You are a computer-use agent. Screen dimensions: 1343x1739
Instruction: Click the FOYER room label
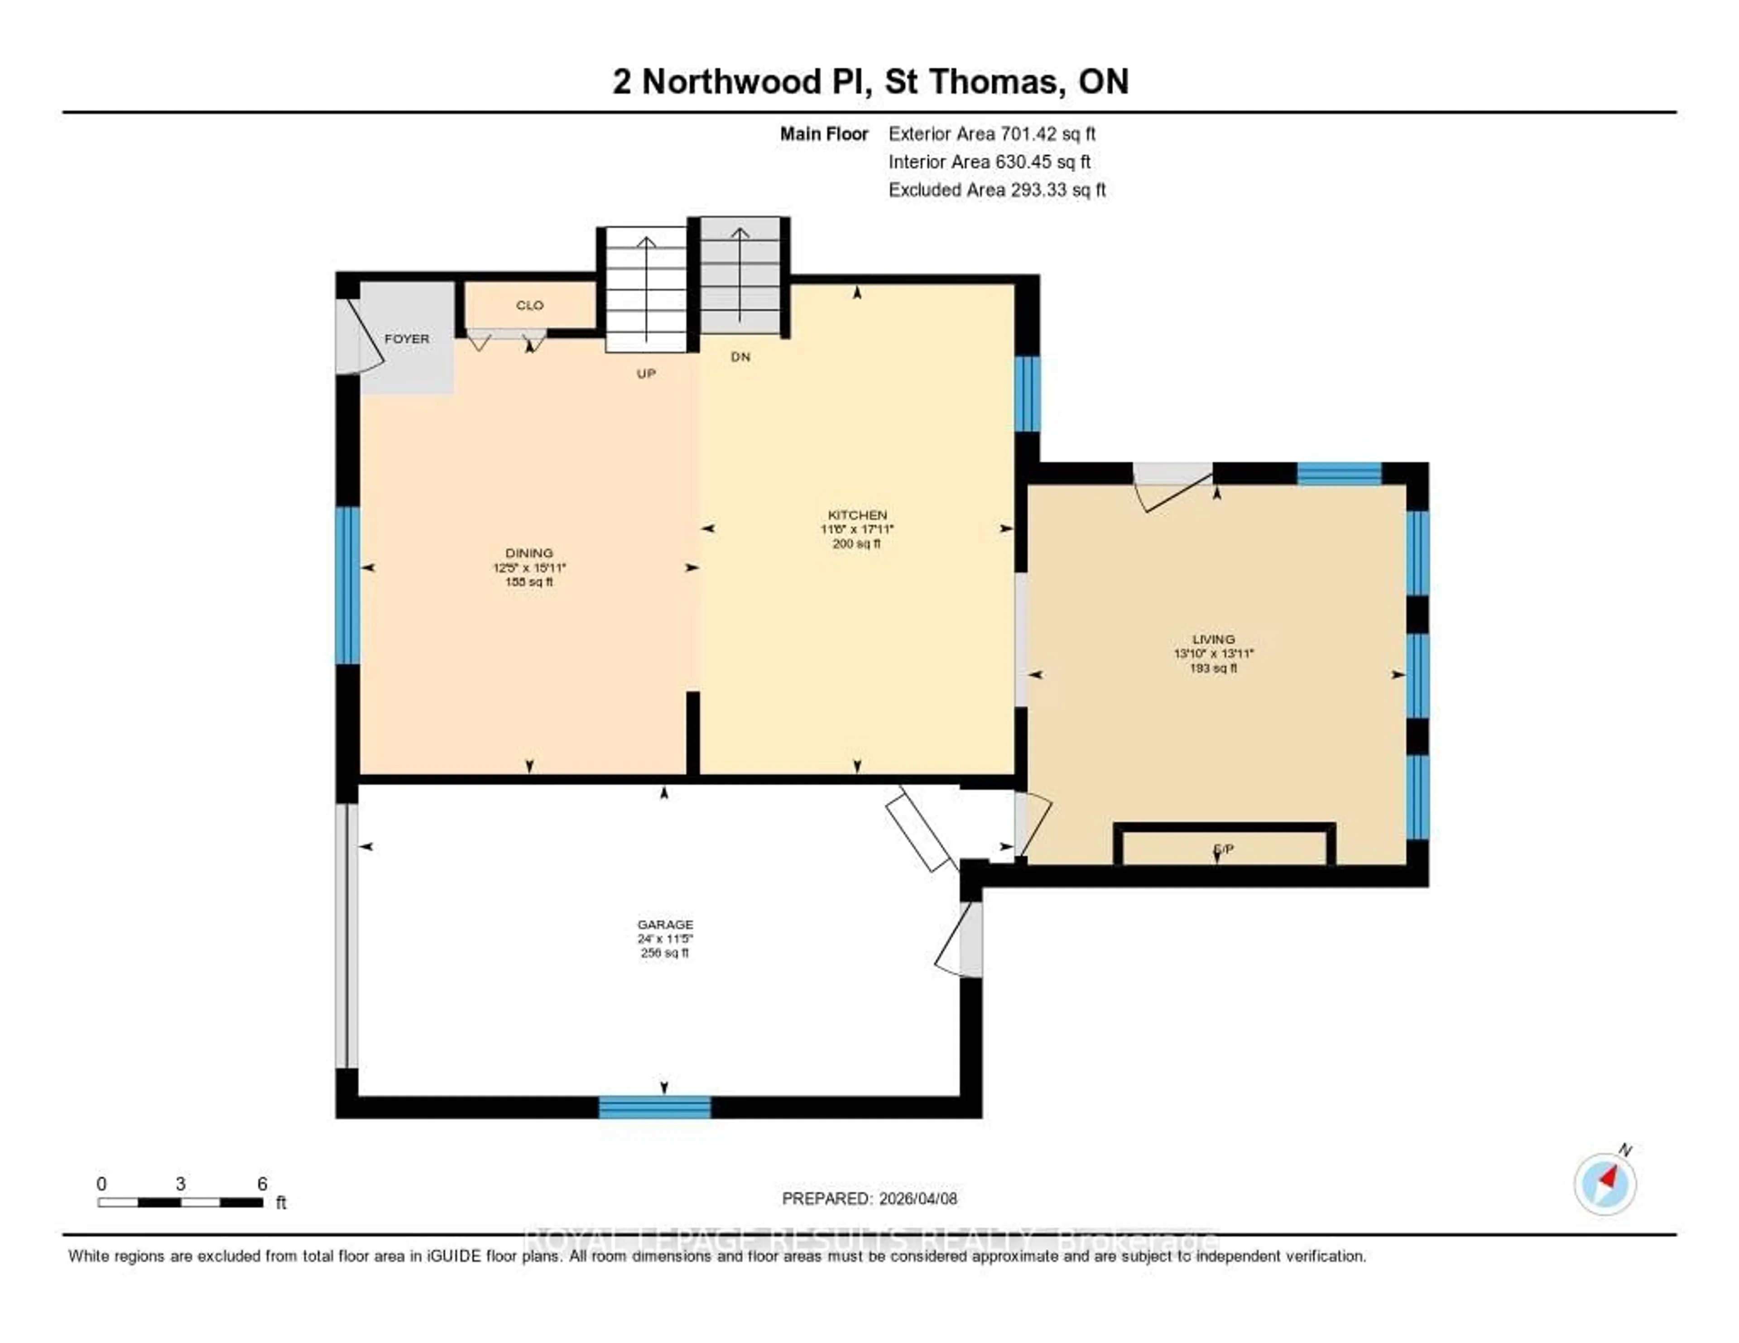point(406,338)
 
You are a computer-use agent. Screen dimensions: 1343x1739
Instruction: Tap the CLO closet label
point(529,305)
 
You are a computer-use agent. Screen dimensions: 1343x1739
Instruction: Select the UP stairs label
point(646,374)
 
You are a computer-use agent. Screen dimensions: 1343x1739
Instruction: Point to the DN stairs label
point(740,357)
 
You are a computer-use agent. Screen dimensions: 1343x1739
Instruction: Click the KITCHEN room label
point(857,515)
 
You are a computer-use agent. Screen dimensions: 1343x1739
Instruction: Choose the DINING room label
point(528,552)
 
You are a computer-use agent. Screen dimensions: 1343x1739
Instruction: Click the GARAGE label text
point(665,924)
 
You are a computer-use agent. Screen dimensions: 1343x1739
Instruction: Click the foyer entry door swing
point(358,338)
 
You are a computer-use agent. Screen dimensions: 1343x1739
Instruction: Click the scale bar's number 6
point(262,1184)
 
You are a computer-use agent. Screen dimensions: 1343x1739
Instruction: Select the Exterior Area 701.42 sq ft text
point(991,134)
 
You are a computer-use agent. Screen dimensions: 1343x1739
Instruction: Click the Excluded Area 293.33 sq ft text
point(997,189)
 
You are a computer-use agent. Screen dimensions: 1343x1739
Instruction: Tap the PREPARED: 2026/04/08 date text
point(869,1198)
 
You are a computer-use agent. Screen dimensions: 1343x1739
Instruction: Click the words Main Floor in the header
point(823,134)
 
